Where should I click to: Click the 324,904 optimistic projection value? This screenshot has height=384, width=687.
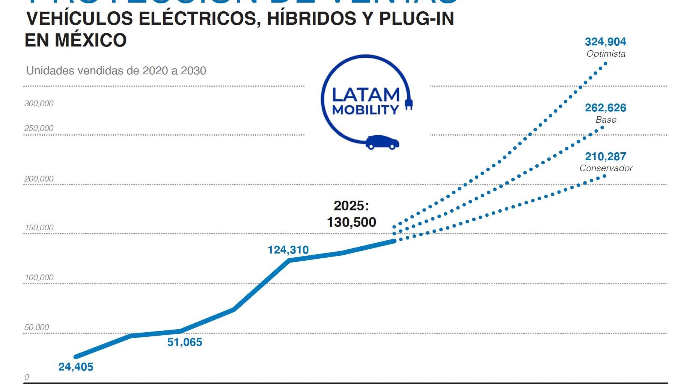click(605, 42)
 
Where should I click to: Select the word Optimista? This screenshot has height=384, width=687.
click(606, 54)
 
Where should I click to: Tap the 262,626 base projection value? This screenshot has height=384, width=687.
click(605, 108)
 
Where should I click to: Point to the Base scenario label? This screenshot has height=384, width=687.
click(606, 120)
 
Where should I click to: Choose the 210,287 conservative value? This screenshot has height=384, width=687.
click(605, 156)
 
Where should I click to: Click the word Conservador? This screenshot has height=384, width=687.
click(606, 168)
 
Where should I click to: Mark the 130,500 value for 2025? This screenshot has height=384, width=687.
click(351, 222)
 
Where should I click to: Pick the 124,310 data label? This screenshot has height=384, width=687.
click(288, 250)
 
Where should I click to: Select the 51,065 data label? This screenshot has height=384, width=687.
click(184, 342)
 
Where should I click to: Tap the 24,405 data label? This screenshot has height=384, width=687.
click(75, 367)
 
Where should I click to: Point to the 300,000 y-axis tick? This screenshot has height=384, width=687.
click(39, 103)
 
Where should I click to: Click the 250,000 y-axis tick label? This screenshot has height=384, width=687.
click(39, 128)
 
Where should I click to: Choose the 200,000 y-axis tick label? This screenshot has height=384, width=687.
click(39, 179)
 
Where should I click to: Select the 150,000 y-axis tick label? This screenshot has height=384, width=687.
click(39, 228)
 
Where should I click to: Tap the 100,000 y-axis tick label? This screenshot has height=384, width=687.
click(39, 277)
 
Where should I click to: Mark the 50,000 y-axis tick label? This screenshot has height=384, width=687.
click(36, 327)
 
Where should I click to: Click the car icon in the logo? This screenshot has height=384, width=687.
click(382, 142)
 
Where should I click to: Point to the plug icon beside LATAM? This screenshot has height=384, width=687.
click(409, 103)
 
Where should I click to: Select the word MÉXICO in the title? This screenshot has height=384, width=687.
click(91, 40)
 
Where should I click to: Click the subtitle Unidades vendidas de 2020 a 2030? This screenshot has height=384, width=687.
click(116, 70)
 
